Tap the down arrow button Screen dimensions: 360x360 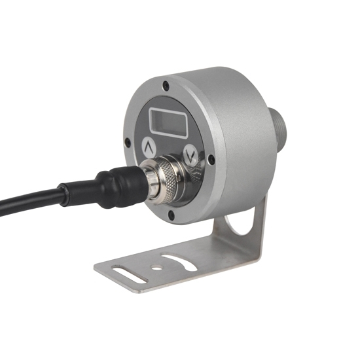(190, 156)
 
